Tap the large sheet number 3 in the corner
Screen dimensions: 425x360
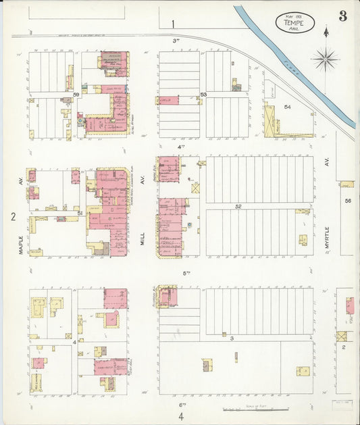pyautogui.click(x=343, y=17)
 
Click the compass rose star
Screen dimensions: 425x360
pyautogui.click(x=326, y=59)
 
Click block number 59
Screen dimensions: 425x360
pyautogui.click(x=77, y=95)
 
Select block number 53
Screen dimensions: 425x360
pyautogui.click(x=203, y=94)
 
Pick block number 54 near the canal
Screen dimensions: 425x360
pyautogui.click(x=287, y=107)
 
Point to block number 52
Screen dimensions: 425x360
pyautogui.click(x=238, y=206)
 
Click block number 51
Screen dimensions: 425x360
pyautogui.click(x=80, y=214)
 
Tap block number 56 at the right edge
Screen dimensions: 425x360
pyautogui.click(x=349, y=201)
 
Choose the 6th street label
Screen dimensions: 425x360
pyautogui.click(x=182, y=404)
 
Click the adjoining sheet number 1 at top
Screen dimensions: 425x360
pyautogui.click(x=173, y=24)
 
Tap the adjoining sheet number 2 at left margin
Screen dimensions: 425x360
pyautogui.click(x=12, y=216)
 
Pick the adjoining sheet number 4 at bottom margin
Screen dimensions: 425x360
pyautogui.click(x=181, y=416)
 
